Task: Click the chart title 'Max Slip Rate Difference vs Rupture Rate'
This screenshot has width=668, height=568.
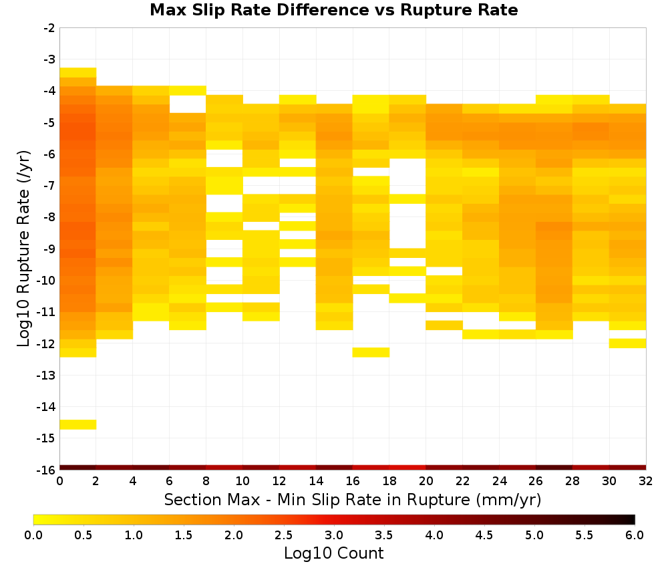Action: click(x=333, y=10)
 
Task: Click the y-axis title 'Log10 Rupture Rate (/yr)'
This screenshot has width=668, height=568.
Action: click(x=23, y=249)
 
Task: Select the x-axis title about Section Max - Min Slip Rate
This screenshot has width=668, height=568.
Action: click(x=352, y=499)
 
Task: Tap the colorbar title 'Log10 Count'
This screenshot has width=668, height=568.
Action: click(x=333, y=553)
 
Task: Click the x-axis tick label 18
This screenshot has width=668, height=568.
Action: click(x=389, y=481)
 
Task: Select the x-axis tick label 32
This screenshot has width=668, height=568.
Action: click(x=646, y=481)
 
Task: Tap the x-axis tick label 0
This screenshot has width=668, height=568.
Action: click(x=59, y=481)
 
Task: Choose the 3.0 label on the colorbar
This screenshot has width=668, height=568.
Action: click(x=333, y=535)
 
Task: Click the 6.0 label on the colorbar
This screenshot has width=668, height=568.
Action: click(x=635, y=535)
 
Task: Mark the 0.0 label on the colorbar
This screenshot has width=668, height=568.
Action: click(x=33, y=535)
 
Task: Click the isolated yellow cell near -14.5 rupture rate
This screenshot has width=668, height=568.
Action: click(x=78, y=424)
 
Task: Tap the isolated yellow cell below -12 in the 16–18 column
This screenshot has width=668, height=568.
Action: click(x=371, y=352)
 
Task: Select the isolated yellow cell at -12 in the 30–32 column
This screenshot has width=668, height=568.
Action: click(x=627, y=343)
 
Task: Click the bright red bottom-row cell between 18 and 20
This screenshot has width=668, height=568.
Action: click(x=407, y=468)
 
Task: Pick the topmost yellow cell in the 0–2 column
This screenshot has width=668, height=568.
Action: click(x=78, y=72)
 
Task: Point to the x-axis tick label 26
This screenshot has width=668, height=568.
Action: click(x=536, y=481)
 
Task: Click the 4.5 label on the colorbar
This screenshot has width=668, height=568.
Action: click(x=484, y=535)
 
